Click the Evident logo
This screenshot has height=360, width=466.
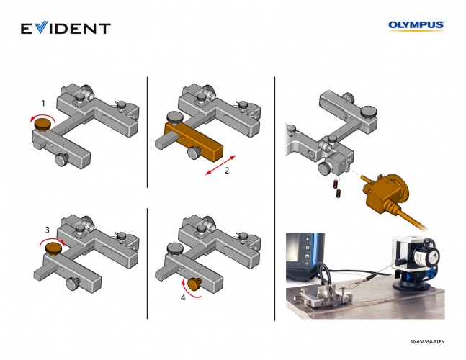[66, 28]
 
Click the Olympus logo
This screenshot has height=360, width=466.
[416, 25]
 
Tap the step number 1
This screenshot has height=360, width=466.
[43, 104]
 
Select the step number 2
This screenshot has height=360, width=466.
[227, 171]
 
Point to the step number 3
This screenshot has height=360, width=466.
[48, 230]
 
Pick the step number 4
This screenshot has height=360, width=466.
[183, 297]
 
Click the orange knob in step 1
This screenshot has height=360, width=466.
[43, 124]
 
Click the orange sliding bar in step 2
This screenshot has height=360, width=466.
[193, 142]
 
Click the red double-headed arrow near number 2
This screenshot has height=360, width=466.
[220, 165]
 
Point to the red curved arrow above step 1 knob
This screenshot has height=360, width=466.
[43, 116]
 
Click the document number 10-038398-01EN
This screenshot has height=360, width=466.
[428, 342]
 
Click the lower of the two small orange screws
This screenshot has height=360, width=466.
[339, 194]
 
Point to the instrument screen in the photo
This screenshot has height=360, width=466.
[305, 253]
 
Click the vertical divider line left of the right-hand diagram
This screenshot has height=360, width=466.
[274, 199]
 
